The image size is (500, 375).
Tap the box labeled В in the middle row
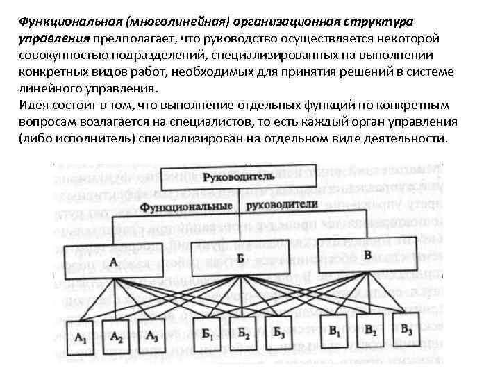367,256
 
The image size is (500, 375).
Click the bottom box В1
336,330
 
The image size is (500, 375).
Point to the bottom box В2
371,329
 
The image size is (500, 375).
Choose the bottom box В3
407,328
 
